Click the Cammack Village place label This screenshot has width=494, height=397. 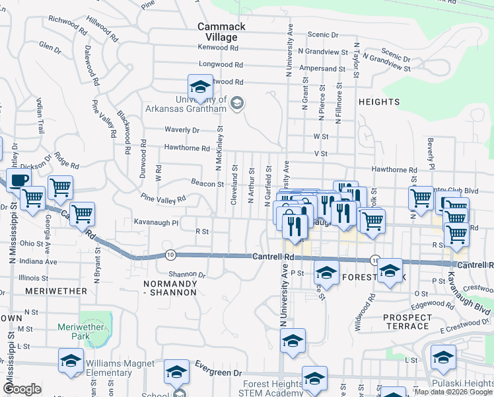click(222, 32)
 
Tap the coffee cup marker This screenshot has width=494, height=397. click(18, 179)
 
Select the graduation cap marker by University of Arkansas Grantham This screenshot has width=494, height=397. click(199, 86)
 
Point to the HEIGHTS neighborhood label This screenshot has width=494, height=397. click(379, 102)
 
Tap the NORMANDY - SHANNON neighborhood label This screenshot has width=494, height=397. click(170, 287)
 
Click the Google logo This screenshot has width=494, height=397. click(22, 389)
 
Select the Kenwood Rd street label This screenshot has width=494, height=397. click(221, 48)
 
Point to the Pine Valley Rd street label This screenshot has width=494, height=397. click(163, 198)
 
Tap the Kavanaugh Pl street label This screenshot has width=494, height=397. click(157, 222)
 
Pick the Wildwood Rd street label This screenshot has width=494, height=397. click(367, 307)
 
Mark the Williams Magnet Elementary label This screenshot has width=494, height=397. click(109, 368)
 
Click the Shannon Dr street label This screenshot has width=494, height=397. click(187, 274)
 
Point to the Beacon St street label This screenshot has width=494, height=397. click(207, 183)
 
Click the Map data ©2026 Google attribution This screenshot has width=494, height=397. click(453, 392)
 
